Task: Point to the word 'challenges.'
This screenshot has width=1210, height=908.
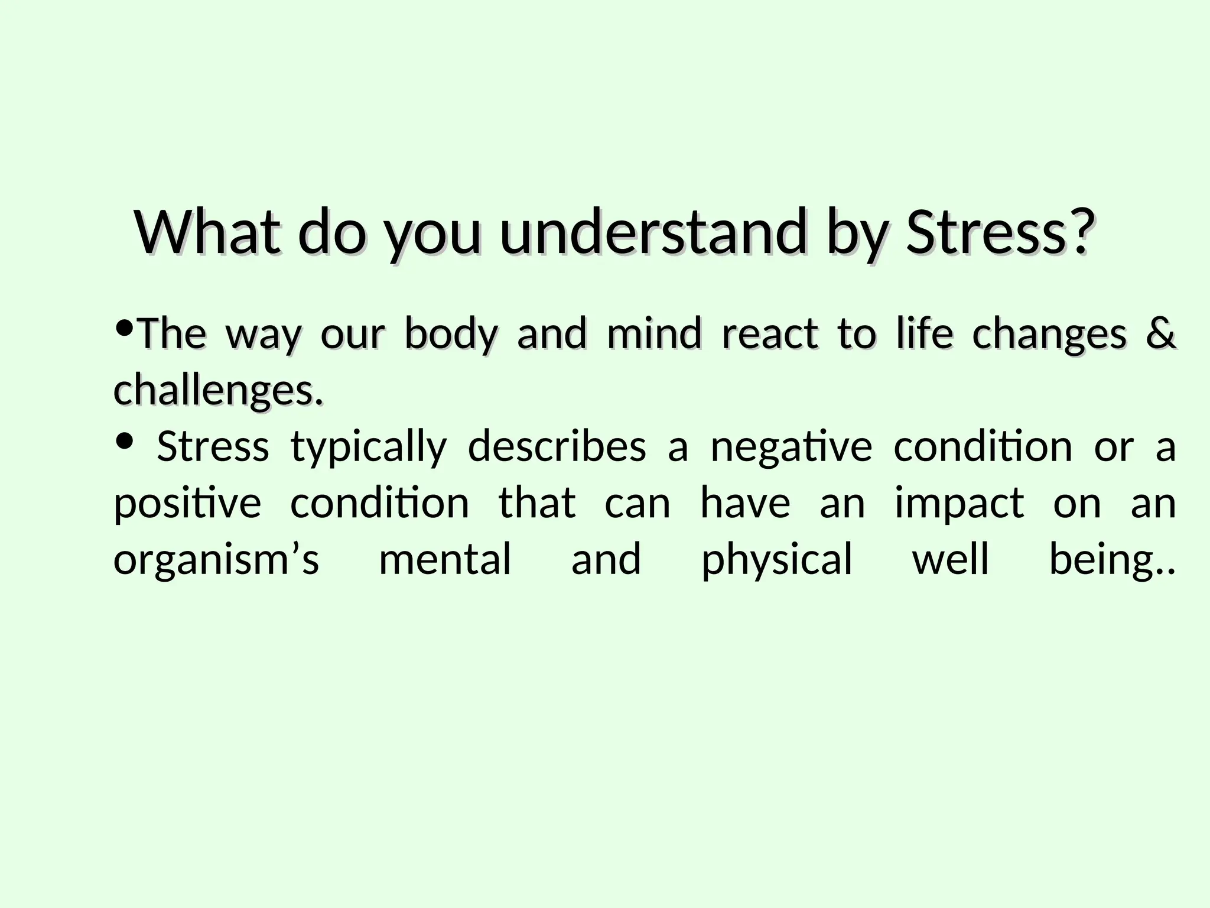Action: pos(219,390)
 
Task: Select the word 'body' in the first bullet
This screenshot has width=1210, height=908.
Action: pos(451,334)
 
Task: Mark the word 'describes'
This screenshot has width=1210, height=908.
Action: pos(557,446)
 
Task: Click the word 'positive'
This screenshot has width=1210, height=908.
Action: pos(187,504)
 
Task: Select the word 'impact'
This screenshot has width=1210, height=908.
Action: pos(959,504)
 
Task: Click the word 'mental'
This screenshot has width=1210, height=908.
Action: pos(445,559)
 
